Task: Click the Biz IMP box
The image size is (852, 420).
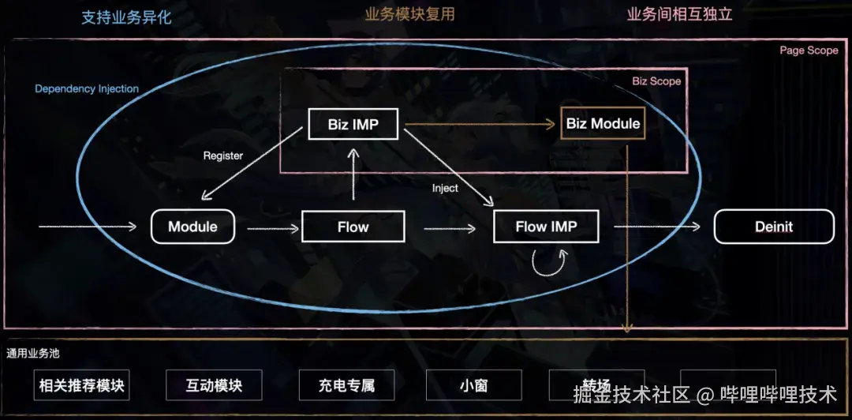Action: pyautogui.click(x=353, y=125)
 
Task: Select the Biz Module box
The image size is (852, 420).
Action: pyautogui.click(x=603, y=124)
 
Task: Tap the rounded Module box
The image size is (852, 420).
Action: pyautogui.click(x=192, y=227)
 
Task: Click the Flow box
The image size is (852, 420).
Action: pyautogui.click(x=353, y=227)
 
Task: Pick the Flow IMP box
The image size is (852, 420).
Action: pyautogui.click(x=546, y=227)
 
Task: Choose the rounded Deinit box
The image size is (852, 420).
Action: pyautogui.click(x=773, y=227)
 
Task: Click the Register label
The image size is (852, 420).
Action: pyautogui.click(x=223, y=156)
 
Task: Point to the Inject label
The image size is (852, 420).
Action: pyautogui.click(x=445, y=188)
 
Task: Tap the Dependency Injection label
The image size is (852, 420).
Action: pyautogui.click(x=87, y=89)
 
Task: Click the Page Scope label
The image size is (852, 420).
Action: pyautogui.click(x=809, y=51)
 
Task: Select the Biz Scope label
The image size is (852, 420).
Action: pyautogui.click(x=656, y=81)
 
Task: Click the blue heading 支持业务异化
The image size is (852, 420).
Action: pyautogui.click(x=126, y=17)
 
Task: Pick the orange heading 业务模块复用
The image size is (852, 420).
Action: pyautogui.click(x=409, y=14)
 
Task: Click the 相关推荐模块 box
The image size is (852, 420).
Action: pyautogui.click(x=83, y=386)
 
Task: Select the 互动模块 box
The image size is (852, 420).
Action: pyautogui.click(x=214, y=386)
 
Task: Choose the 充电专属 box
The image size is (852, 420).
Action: pyautogui.click(x=346, y=386)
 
